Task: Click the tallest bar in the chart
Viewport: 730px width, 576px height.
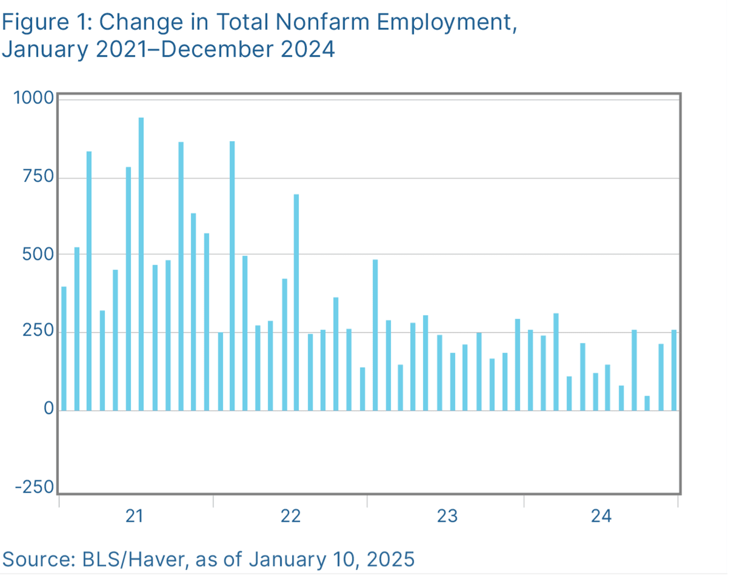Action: [x=141, y=264]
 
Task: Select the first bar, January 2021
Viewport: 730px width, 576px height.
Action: [x=64, y=349]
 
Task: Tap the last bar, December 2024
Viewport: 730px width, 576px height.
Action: [x=674, y=370]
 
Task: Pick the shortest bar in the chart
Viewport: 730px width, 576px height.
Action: [x=647, y=403]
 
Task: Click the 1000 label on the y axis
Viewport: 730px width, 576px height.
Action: [x=34, y=98]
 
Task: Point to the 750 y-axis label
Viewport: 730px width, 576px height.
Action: [x=38, y=177]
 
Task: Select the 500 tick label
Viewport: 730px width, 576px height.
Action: [x=38, y=254]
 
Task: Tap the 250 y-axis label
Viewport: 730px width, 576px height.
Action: [x=38, y=330]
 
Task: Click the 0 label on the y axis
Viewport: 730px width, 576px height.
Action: [x=49, y=409]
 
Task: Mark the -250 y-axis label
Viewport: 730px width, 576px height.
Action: [x=35, y=487]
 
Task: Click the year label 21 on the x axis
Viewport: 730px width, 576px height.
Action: [x=135, y=516]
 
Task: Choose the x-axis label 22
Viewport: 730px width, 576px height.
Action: [x=291, y=516]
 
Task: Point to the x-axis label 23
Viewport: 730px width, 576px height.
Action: [x=447, y=516]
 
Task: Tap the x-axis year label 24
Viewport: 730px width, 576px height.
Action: [x=601, y=516]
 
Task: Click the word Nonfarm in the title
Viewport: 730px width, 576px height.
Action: [x=323, y=22]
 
